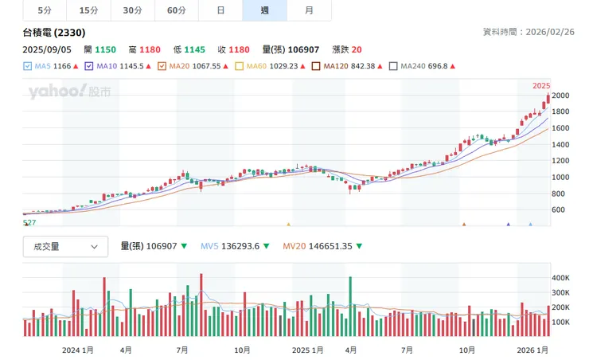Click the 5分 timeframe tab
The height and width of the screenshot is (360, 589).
click(x=45, y=10)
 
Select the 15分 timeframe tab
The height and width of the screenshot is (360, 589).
click(x=89, y=10)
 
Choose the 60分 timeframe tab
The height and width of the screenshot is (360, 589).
click(x=177, y=10)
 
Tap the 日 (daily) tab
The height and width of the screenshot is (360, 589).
click(x=220, y=10)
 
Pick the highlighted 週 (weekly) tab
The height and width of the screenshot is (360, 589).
click(x=264, y=10)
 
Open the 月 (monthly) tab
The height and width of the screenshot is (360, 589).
click(x=309, y=10)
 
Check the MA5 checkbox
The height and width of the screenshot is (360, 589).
click(x=28, y=67)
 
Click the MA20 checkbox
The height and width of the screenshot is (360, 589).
click(x=162, y=67)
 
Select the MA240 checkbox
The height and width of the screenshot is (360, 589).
click(x=393, y=67)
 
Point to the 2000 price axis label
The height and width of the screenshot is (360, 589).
click(x=561, y=96)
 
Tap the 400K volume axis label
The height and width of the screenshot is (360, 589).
click(x=561, y=278)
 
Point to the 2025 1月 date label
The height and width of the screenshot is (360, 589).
click(x=307, y=350)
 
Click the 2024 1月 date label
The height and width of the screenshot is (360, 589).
click(x=78, y=350)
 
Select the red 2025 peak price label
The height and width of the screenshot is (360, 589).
click(x=541, y=85)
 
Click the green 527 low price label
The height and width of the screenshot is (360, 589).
click(x=29, y=223)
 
